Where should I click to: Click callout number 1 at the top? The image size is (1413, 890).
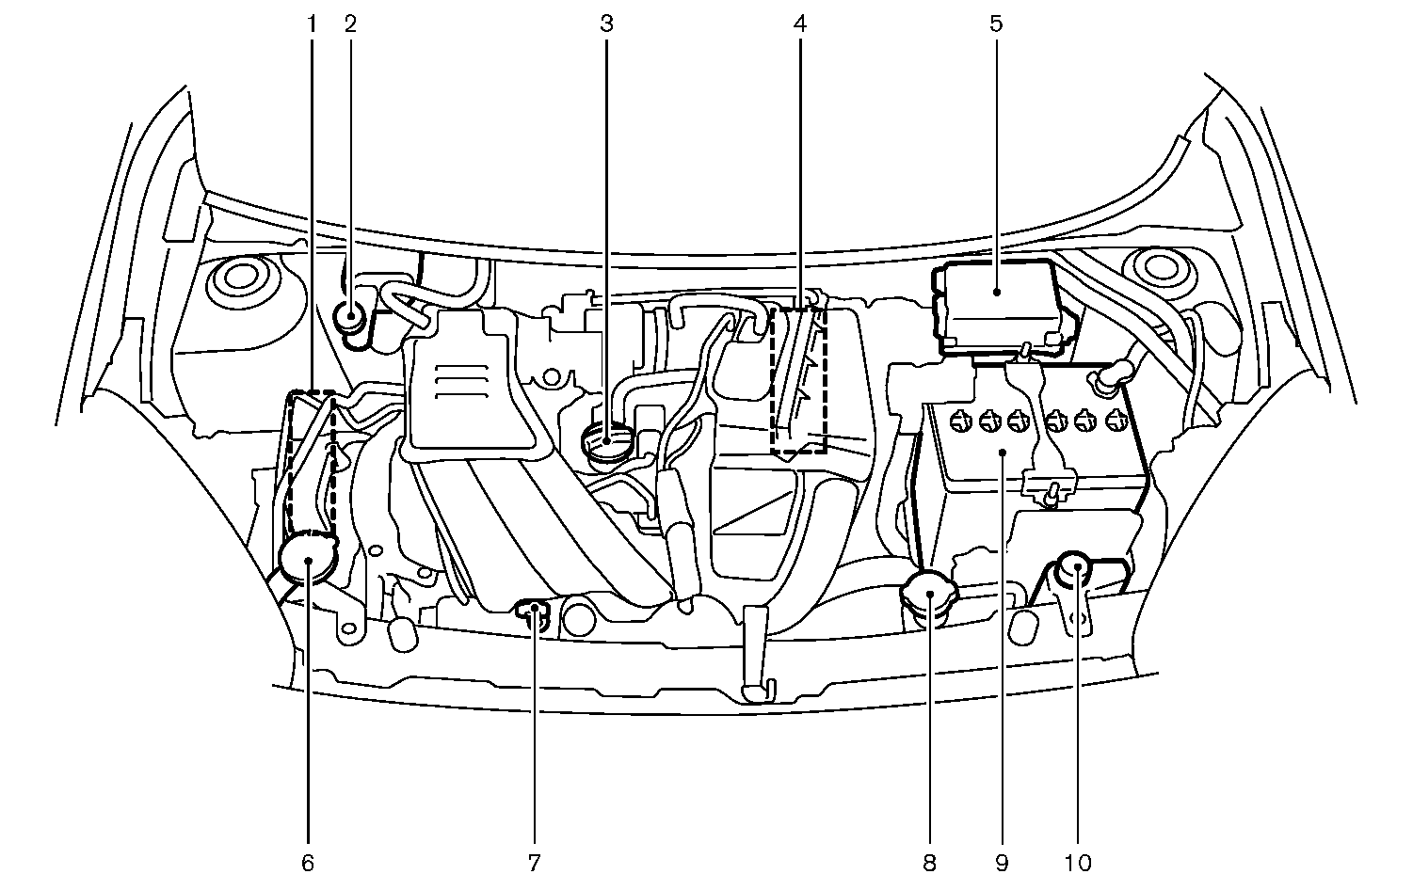pos(313,23)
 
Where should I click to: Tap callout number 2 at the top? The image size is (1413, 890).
pos(350,23)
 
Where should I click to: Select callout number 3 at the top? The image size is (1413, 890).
pos(606,23)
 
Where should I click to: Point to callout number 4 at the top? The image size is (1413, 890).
pos(799,23)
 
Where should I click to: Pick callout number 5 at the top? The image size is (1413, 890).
pos(996,23)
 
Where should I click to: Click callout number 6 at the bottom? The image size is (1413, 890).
pos(308,862)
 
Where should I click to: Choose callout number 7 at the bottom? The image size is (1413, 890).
pos(534,862)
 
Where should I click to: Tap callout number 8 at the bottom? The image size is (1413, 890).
pos(930,862)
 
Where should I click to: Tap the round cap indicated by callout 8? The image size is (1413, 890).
pos(929,595)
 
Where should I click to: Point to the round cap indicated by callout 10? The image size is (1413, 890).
pos(1076,568)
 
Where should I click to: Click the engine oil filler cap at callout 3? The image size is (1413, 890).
pos(605,438)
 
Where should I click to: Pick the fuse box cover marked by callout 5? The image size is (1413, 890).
pos(996,303)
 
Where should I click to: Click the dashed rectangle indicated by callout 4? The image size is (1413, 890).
pos(798,381)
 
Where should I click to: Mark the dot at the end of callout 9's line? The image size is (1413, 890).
pos(1002,453)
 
